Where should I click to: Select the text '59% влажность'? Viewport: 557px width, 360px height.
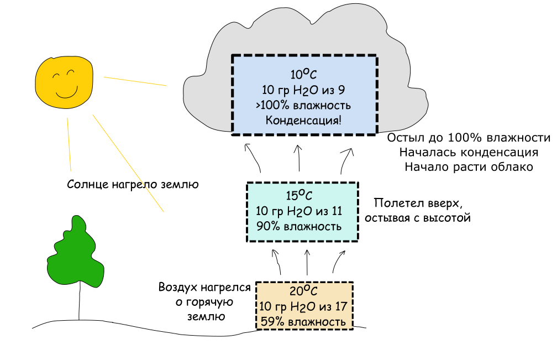click(304, 321)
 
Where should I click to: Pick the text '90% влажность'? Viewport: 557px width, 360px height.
click(299, 226)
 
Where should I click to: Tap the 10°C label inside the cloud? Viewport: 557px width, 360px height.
click(304, 74)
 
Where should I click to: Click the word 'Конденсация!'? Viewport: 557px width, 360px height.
click(304, 120)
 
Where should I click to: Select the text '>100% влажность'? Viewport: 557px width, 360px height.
click(304, 105)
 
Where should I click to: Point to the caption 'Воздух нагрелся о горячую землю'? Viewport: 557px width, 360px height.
click(204, 302)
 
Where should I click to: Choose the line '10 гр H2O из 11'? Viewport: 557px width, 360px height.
click(299, 211)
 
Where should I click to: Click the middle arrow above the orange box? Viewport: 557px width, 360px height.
click(307, 263)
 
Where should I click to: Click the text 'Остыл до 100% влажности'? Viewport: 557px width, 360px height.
click(469, 138)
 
